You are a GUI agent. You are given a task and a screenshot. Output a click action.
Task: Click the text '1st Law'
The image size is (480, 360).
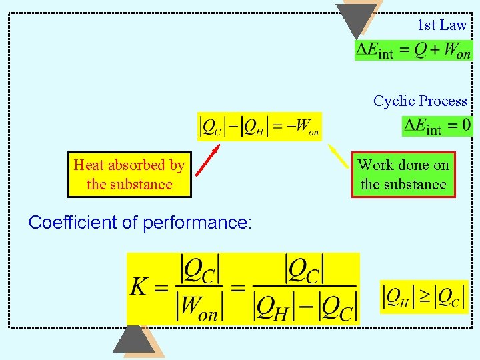(441, 25)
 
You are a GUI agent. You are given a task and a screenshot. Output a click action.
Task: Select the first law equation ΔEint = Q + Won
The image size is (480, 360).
(413, 50)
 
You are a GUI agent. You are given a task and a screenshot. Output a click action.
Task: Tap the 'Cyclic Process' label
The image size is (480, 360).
(420, 101)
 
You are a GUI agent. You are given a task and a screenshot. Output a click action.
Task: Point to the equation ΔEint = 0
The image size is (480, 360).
(437, 125)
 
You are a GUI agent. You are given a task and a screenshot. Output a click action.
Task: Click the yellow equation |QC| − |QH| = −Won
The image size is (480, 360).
(260, 126)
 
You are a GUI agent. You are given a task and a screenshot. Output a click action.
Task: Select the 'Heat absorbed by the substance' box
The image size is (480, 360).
(129, 175)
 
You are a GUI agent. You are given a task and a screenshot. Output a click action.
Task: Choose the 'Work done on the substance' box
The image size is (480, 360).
(403, 175)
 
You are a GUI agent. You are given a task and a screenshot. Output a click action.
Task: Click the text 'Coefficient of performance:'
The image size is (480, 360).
(140, 223)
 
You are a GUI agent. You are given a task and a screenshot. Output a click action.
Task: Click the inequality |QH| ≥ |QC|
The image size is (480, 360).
(423, 297)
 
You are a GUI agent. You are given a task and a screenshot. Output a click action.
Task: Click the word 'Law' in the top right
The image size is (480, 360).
(453, 25)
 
